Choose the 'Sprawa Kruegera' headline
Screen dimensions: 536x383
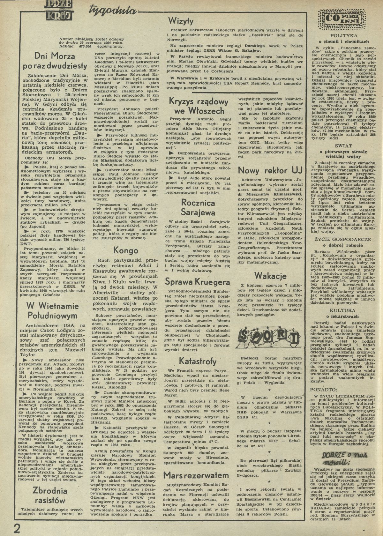[198, 282]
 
